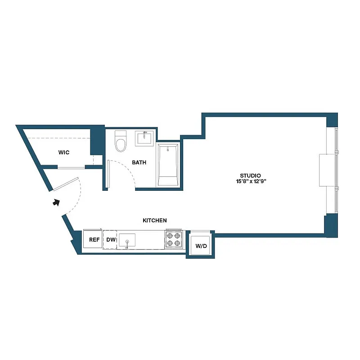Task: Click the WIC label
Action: tap(64, 152)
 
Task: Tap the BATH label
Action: tap(139, 162)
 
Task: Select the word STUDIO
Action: tap(251, 175)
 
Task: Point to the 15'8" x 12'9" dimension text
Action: tap(251, 182)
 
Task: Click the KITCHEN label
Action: tap(155, 220)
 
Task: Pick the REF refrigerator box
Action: tap(94, 240)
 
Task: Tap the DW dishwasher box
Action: tap(110, 240)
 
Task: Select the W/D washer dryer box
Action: tap(200, 246)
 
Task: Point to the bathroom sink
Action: tap(145, 138)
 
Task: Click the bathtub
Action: tap(168, 165)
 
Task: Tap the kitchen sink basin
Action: tap(127, 240)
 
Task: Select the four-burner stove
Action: tap(174, 239)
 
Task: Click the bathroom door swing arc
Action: tap(128, 169)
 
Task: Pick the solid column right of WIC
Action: tap(97, 142)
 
